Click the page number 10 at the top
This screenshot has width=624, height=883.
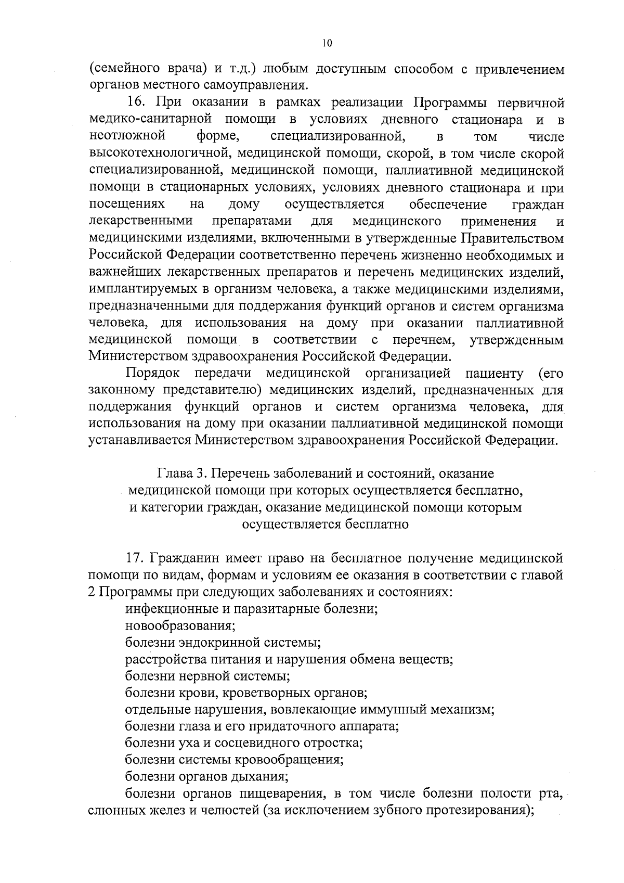point(326,44)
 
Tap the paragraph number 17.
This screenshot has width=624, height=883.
point(136,558)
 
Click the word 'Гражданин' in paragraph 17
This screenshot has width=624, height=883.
point(185,558)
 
